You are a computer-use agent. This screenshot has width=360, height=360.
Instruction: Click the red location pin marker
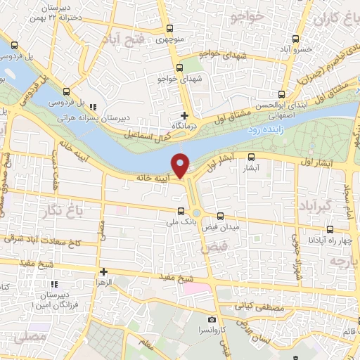(x=181, y=165)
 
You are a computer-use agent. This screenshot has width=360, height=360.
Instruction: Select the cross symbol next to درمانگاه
(x=185, y=115)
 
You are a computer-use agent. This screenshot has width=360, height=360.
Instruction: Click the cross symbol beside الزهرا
(x=103, y=271)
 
